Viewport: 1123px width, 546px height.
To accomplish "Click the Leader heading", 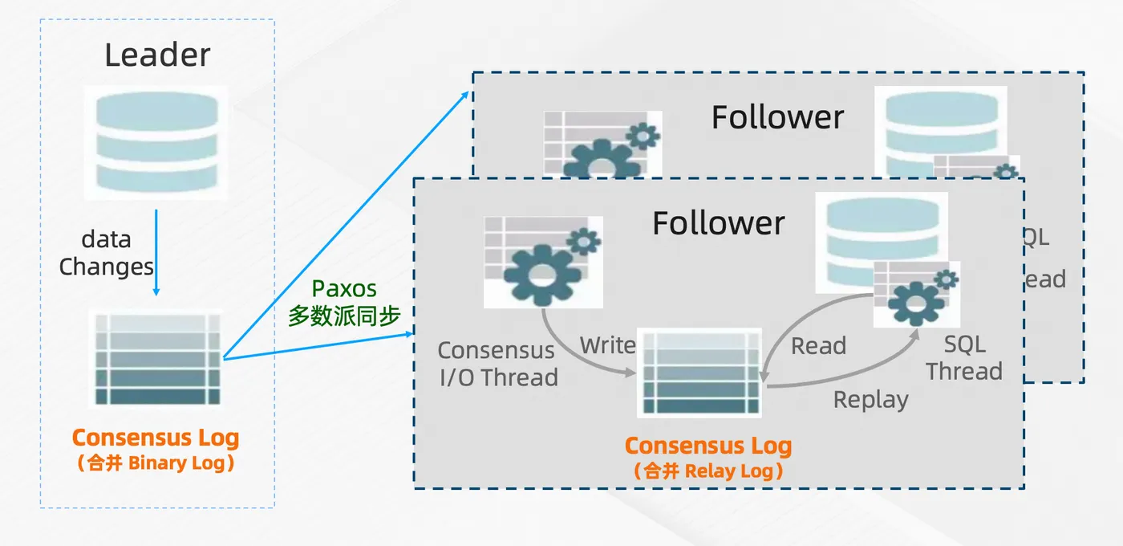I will (x=157, y=55).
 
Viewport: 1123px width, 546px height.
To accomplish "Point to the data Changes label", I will (x=107, y=253).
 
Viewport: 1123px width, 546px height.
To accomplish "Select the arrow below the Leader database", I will (x=156, y=252).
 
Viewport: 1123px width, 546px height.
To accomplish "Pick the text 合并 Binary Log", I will (x=156, y=463).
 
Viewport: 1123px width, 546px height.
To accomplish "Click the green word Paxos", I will (x=344, y=288).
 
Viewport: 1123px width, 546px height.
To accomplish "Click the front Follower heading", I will (x=718, y=223).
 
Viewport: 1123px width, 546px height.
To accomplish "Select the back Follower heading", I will (x=777, y=118).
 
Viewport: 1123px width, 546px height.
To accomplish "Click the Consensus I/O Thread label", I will (x=497, y=364).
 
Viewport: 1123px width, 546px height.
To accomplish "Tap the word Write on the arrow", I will (x=607, y=346).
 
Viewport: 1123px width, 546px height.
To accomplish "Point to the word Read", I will (x=818, y=346).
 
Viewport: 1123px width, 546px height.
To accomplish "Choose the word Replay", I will (x=870, y=400).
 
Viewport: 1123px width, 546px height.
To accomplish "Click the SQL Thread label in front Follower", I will (x=964, y=358).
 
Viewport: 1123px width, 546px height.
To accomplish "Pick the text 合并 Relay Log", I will (x=708, y=471).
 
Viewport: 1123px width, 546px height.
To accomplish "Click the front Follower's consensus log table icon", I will (x=699, y=373).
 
